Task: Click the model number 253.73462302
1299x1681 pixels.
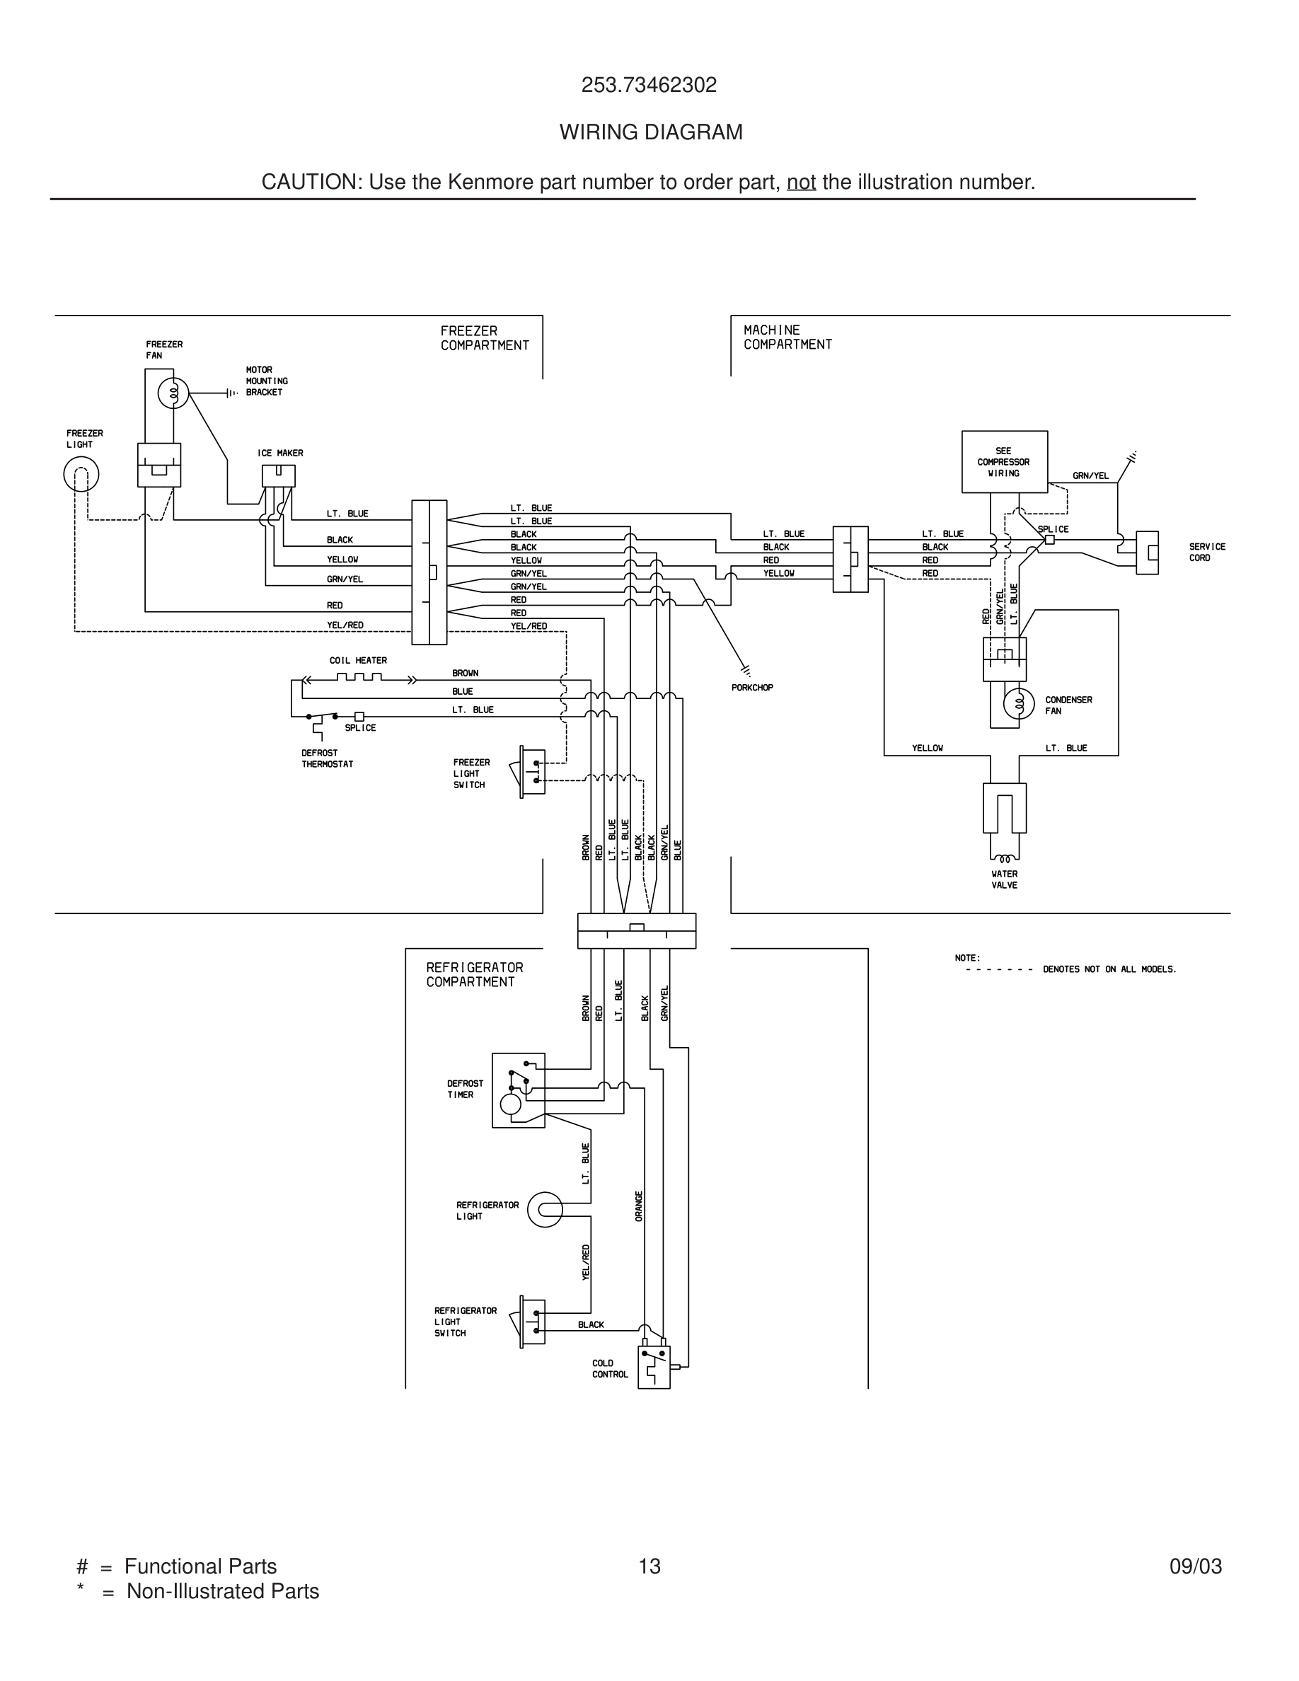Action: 649,85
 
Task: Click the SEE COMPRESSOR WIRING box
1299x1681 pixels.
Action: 1003,462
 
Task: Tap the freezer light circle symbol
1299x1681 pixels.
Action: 81,474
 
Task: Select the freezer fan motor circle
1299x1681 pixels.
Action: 173,394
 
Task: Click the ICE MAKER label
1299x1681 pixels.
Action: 280,454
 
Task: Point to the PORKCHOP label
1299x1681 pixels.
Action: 752,688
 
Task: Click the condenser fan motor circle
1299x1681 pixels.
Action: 1019,703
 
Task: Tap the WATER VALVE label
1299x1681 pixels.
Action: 1004,879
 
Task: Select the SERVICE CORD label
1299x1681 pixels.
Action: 1206,552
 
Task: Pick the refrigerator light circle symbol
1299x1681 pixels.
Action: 545,1210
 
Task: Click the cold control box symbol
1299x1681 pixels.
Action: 653,1367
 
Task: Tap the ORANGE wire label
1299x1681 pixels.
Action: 639,1206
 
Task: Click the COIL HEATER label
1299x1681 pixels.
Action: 358,660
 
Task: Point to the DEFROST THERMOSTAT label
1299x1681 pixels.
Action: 327,758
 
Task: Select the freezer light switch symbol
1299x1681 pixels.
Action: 533,772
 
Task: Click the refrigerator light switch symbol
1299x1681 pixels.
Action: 533,1322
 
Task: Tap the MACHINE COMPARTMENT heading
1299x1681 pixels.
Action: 787,337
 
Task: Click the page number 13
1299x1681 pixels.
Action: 649,1566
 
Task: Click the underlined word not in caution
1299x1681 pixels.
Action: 800,183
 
